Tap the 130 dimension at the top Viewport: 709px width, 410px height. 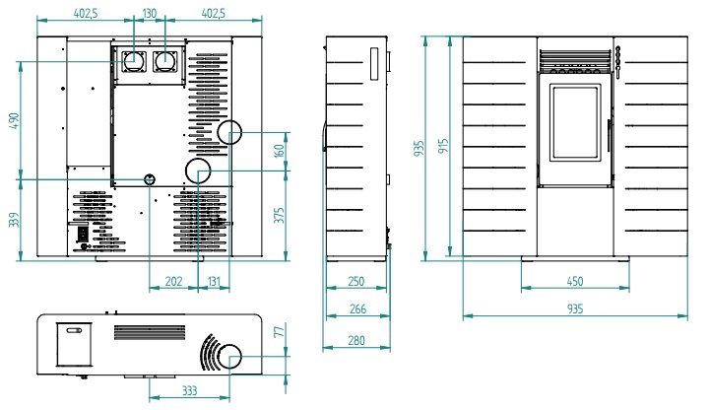150,13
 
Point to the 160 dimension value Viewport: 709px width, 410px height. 279,152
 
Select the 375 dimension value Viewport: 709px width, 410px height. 279,216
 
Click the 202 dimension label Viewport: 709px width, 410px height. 173,282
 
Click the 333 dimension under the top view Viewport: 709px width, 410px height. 189,391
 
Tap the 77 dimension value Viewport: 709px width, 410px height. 279,333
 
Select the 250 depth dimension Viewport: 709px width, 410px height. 356,282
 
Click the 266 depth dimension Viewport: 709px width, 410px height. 357,309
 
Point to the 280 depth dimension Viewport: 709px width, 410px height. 357,340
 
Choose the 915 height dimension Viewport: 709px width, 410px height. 444,146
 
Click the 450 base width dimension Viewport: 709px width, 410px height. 575,282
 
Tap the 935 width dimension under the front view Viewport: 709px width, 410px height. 575,309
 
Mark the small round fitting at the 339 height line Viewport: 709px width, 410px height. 150,179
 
